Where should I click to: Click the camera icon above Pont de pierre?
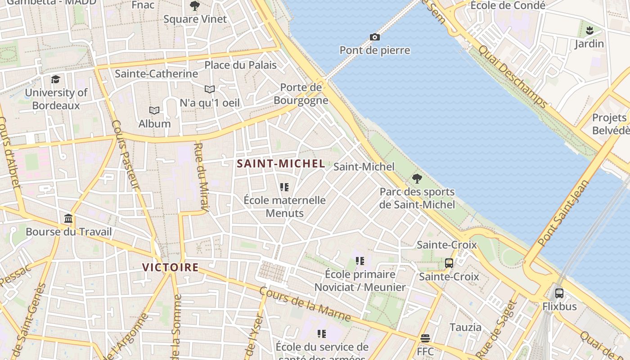(x=374, y=37)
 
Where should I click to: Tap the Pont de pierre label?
(x=374, y=50)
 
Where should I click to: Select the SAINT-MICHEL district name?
(x=281, y=164)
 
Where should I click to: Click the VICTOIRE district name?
(x=170, y=267)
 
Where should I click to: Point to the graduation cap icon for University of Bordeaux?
(x=55, y=79)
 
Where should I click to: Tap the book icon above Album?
(x=154, y=110)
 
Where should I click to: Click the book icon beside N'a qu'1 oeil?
(x=210, y=89)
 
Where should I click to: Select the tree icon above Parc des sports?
(x=417, y=179)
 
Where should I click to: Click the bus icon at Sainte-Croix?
(x=449, y=263)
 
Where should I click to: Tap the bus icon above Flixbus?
(x=559, y=293)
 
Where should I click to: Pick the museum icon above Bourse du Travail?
(x=68, y=219)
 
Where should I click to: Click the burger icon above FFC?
(x=425, y=338)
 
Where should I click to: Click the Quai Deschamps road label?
(x=513, y=77)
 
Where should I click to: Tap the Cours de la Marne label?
(x=305, y=305)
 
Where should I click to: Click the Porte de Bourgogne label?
(x=301, y=94)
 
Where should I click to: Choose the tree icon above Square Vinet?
(x=195, y=6)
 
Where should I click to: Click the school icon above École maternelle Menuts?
(x=284, y=187)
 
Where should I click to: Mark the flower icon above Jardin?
(x=589, y=31)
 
